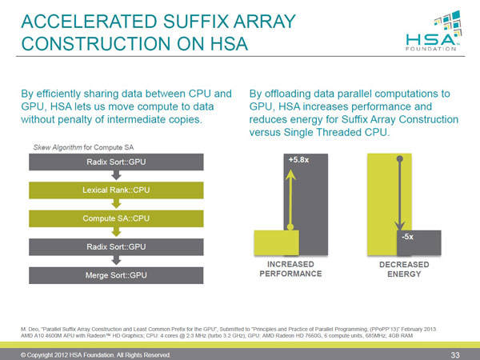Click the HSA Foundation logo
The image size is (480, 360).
point(434,30)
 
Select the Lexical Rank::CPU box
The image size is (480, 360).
point(116,190)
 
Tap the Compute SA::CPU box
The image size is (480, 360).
point(116,218)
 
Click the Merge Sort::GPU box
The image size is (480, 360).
point(116,275)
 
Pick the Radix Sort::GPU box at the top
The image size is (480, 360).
point(116,162)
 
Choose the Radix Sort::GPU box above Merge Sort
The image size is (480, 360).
point(116,246)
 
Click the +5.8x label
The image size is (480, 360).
point(298,159)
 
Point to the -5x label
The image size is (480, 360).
point(407,237)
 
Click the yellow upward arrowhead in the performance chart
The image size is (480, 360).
point(290,175)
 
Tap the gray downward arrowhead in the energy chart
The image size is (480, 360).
point(399,226)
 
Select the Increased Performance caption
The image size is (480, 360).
point(290,269)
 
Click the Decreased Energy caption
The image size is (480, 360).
point(404,269)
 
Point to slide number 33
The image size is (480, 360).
point(455,355)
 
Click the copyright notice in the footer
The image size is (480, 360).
point(95,355)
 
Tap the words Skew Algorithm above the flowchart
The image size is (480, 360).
point(58,147)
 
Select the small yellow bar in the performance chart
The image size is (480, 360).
point(277,242)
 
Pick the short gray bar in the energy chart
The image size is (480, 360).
point(419,242)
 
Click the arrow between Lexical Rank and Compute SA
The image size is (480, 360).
point(116,203)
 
